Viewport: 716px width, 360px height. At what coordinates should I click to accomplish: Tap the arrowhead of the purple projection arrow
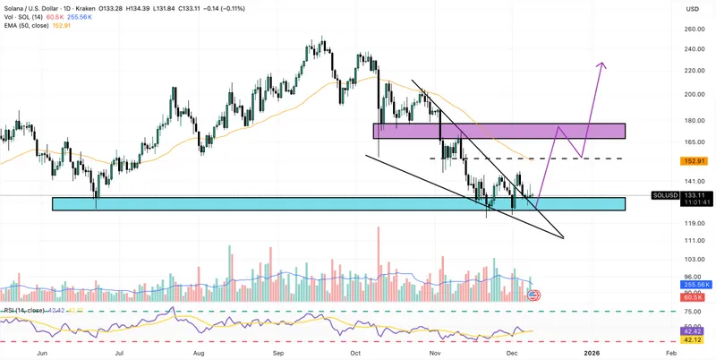click(x=604, y=64)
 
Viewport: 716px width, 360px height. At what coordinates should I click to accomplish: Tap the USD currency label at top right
click(x=692, y=9)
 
